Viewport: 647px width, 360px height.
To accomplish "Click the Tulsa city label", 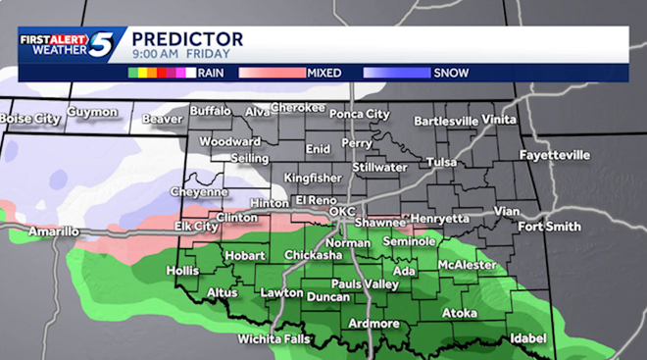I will pyautogui.click(x=442, y=162).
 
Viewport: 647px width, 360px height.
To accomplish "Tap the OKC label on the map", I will pyautogui.click(x=341, y=212).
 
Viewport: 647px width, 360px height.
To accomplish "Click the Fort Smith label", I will pyautogui.click(x=543, y=228).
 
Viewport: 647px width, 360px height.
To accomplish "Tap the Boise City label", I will pyautogui.click(x=29, y=119).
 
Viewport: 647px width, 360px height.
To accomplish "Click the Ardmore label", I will pyautogui.click(x=373, y=324).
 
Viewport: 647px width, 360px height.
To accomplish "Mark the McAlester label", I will pyautogui.click(x=467, y=265).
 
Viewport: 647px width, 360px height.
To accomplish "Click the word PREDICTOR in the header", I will pyautogui.click(x=187, y=39).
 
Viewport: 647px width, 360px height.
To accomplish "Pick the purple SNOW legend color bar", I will pyautogui.click(x=397, y=72).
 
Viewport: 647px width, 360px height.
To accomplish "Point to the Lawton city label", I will pyautogui.click(x=281, y=293).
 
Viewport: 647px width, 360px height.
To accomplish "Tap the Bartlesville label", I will pyautogui.click(x=446, y=122).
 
